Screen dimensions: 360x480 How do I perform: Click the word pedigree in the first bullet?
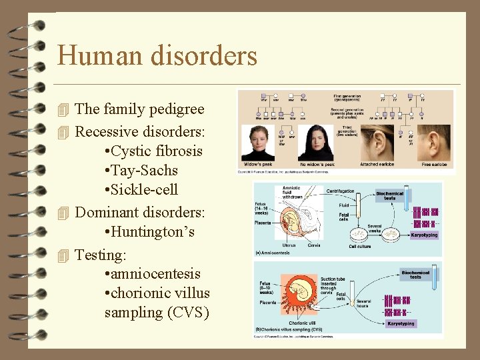point(175,109)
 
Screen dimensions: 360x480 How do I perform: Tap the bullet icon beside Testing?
point(63,255)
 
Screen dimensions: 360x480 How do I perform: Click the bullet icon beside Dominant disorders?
point(63,213)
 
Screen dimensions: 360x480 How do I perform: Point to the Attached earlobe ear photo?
point(377,142)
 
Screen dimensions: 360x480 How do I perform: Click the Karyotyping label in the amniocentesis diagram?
point(424,235)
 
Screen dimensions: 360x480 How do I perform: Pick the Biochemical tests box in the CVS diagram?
point(415,275)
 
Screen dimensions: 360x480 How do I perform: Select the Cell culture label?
point(360,246)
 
